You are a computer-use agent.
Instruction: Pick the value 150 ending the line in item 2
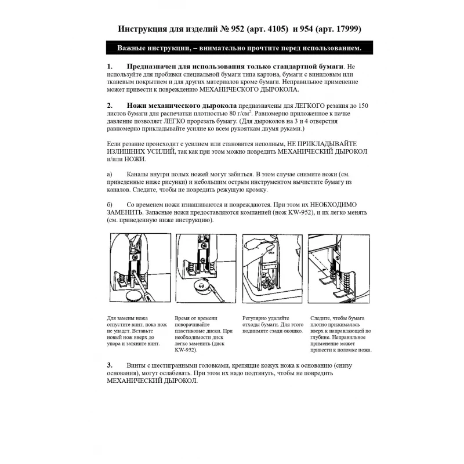(360, 106)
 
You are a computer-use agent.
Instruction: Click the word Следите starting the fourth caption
(322, 318)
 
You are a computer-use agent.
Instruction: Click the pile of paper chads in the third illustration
(267, 284)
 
